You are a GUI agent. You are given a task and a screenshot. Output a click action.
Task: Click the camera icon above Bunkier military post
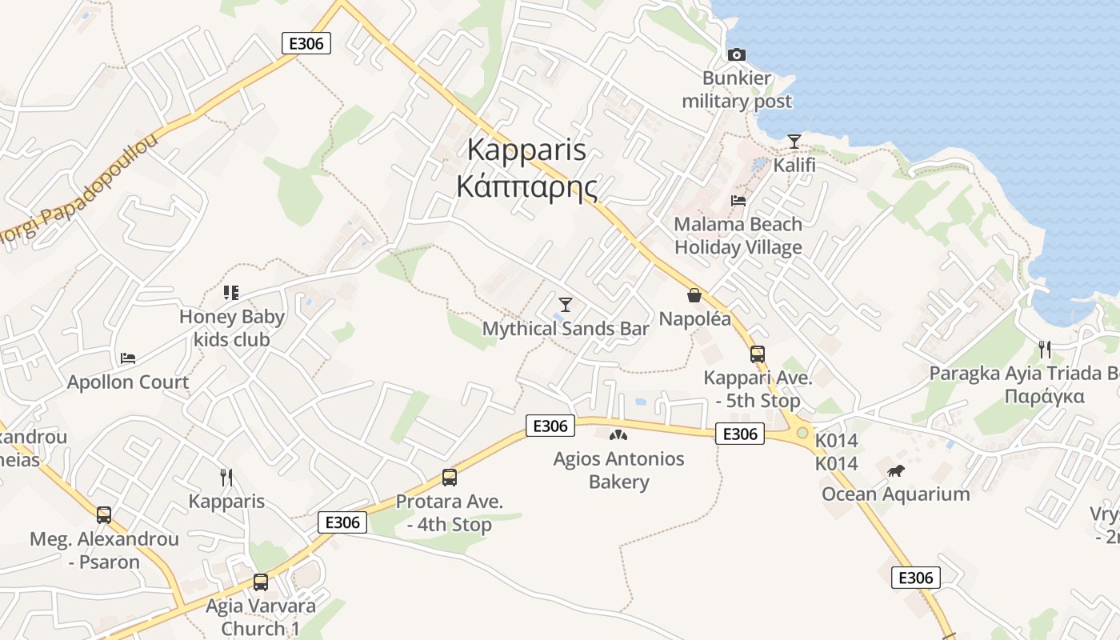click(x=737, y=54)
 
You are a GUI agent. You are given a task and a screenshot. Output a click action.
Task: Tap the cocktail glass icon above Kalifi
click(x=794, y=142)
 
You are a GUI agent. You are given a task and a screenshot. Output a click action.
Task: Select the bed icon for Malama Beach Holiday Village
click(x=738, y=200)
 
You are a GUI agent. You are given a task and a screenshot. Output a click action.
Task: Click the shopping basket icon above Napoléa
click(x=694, y=295)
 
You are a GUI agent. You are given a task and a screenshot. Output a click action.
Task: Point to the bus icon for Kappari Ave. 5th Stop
click(x=757, y=354)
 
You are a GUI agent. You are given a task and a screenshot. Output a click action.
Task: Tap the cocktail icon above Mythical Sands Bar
click(x=566, y=304)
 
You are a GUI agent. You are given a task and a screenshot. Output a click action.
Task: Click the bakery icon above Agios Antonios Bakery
click(x=618, y=435)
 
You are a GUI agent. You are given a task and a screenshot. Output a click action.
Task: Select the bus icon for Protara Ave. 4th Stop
click(x=450, y=478)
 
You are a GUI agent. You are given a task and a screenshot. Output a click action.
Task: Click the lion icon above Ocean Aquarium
click(x=895, y=470)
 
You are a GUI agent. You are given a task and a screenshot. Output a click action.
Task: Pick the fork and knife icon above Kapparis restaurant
click(x=226, y=478)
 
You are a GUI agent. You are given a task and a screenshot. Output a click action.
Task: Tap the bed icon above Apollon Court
click(x=128, y=358)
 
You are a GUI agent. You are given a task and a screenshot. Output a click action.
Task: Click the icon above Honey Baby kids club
click(x=231, y=293)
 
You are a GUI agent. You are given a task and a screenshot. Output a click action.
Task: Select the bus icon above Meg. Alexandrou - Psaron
click(x=104, y=515)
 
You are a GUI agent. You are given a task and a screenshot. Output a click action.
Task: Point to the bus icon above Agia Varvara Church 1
click(x=261, y=582)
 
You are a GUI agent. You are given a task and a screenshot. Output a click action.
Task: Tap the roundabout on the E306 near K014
click(x=802, y=433)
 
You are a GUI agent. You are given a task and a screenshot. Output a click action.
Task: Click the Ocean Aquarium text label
click(x=895, y=494)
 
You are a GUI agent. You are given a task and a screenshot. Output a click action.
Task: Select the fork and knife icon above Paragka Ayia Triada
click(x=1044, y=349)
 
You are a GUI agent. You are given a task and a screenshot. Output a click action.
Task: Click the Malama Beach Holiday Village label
click(x=738, y=236)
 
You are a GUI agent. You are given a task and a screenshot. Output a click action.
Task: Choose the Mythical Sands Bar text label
click(x=566, y=329)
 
